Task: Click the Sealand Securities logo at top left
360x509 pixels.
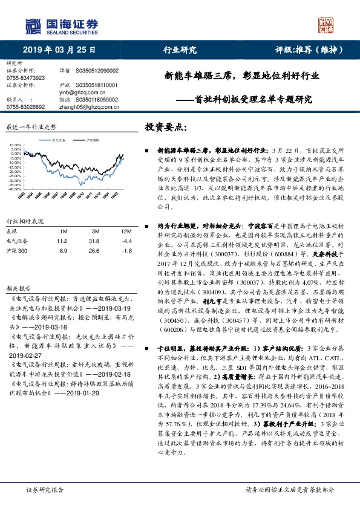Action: pos(61,25)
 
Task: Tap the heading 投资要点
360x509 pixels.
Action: pos(167,128)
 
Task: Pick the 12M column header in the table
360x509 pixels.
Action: pos(126,230)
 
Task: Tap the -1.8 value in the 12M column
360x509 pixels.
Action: pos(126,250)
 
